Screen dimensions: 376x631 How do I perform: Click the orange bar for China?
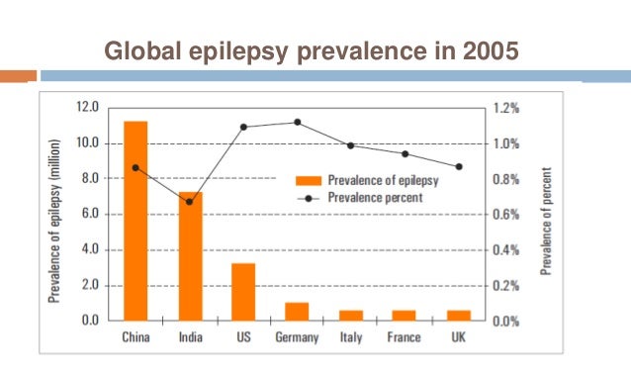(135, 221)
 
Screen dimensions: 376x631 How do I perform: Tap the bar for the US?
(243, 291)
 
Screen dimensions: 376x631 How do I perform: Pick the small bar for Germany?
(297, 311)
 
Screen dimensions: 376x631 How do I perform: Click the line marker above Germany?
(298, 123)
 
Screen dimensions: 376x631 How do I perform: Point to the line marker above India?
(190, 202)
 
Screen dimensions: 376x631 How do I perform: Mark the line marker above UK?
(458, 166)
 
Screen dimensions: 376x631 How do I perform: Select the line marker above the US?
(243, 127)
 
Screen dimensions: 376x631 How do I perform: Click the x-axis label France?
(405, 338)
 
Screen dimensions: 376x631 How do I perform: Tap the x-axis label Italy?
(351, 338)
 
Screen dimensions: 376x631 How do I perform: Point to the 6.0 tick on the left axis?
(89, 214)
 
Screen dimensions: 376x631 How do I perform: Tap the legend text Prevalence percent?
(376, 198)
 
